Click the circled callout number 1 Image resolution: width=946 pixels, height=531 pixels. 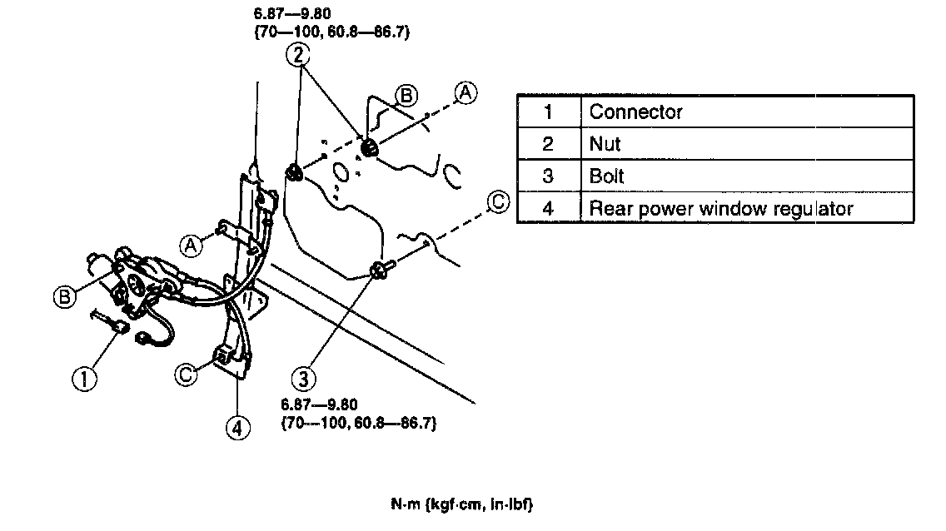tap(84, 380)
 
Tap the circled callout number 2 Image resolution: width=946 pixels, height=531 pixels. tap(299, 56)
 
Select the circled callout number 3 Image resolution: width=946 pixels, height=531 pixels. tap(305, 380)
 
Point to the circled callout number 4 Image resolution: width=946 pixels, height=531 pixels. tap(237, 428)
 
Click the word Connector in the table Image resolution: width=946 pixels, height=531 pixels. tap(635, 112)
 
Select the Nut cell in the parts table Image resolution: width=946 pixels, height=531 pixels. tap(605, 144)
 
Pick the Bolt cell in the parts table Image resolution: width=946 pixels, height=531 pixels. tap(607, 176)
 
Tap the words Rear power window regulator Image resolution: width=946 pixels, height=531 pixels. tap(721, 208)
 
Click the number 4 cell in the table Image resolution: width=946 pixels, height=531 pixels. tap(548, 208)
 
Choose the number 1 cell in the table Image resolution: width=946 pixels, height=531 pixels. tap(548, 112)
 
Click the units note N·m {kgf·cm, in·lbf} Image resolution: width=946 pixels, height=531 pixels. tap(461, 505)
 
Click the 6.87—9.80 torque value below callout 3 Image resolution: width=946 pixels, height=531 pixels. tap(319, 404)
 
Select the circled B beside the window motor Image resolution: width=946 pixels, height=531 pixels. tap(66, 295)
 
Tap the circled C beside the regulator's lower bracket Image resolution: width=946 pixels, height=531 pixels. tap(187, 375)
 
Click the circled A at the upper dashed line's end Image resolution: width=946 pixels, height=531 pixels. tap(467, 93)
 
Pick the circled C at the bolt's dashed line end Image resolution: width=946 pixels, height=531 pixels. tap(498, 202)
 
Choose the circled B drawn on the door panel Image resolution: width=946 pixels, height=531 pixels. tap(406, 97)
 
